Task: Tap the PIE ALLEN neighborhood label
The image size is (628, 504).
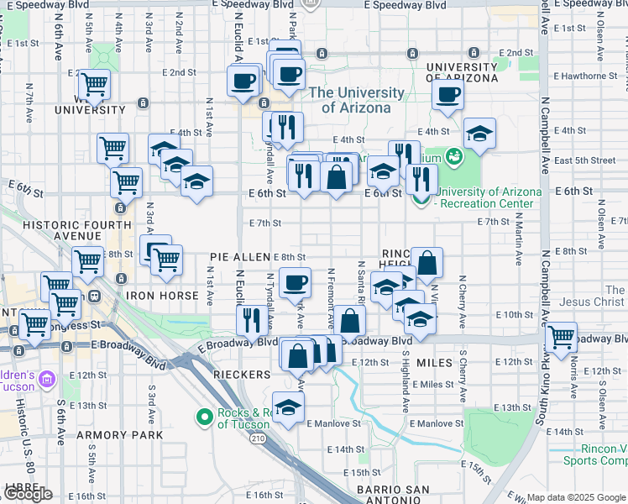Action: [x=240, y=255]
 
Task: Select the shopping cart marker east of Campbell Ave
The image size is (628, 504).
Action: [x=561, y=337]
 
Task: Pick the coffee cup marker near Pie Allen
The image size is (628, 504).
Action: [x=295, y=282]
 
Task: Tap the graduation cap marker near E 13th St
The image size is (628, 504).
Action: [x=289, y=407]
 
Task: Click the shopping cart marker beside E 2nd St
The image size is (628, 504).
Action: [x=94, y=84]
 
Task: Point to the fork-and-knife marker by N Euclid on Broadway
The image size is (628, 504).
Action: [x=250, y=318]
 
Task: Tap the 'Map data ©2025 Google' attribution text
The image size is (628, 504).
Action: [x=576, y=497]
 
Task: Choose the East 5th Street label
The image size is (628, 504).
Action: [x=585, y=160]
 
